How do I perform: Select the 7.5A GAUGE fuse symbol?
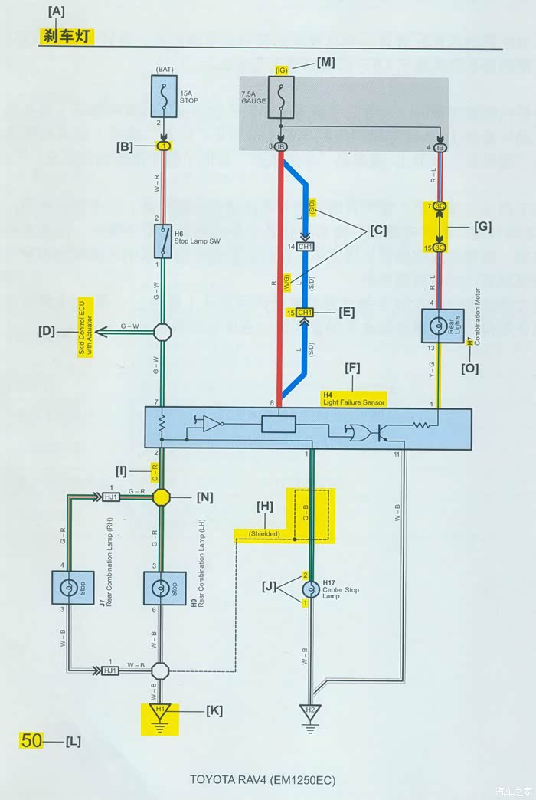280,98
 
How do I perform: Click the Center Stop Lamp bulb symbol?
311,589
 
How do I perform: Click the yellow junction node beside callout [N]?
161,497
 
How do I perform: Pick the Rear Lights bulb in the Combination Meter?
437,325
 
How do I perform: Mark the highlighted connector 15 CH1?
304,313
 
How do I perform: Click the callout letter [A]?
56,11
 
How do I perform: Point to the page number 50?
31,741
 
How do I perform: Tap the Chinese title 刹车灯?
66,36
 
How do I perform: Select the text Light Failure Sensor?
354,402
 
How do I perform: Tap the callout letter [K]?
214,710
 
